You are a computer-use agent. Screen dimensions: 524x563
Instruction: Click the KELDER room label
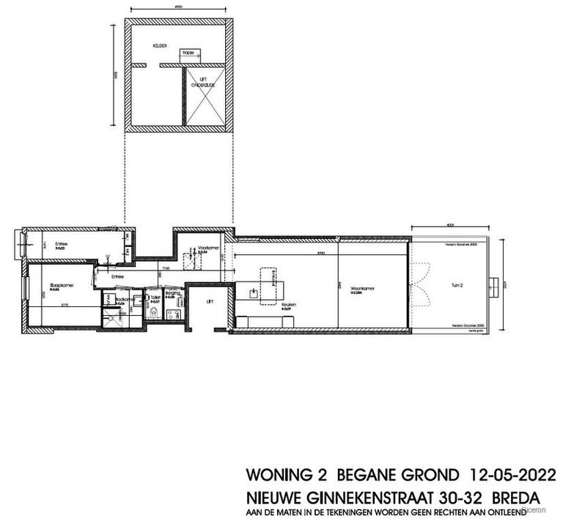(160, 45)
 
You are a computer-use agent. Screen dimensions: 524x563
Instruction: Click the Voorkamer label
(208, 248)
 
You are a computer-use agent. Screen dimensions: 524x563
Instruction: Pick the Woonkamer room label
(363, 289)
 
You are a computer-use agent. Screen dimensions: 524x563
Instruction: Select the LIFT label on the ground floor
(210, 300)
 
